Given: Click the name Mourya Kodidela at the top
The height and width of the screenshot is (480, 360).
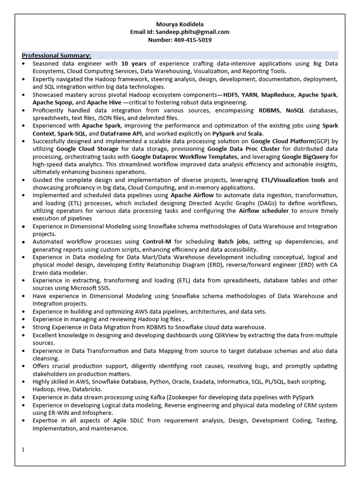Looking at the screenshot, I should [180, 24].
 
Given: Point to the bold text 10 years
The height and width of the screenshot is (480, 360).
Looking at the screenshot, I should [134, 63].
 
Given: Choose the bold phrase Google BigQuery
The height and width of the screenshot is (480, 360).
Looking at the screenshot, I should [305, 157].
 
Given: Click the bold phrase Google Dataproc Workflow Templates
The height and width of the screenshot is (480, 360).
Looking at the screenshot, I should [185, 157].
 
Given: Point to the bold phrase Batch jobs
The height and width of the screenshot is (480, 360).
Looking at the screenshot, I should [232, 242].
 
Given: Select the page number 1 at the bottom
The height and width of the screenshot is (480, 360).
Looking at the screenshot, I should [23, 450].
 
